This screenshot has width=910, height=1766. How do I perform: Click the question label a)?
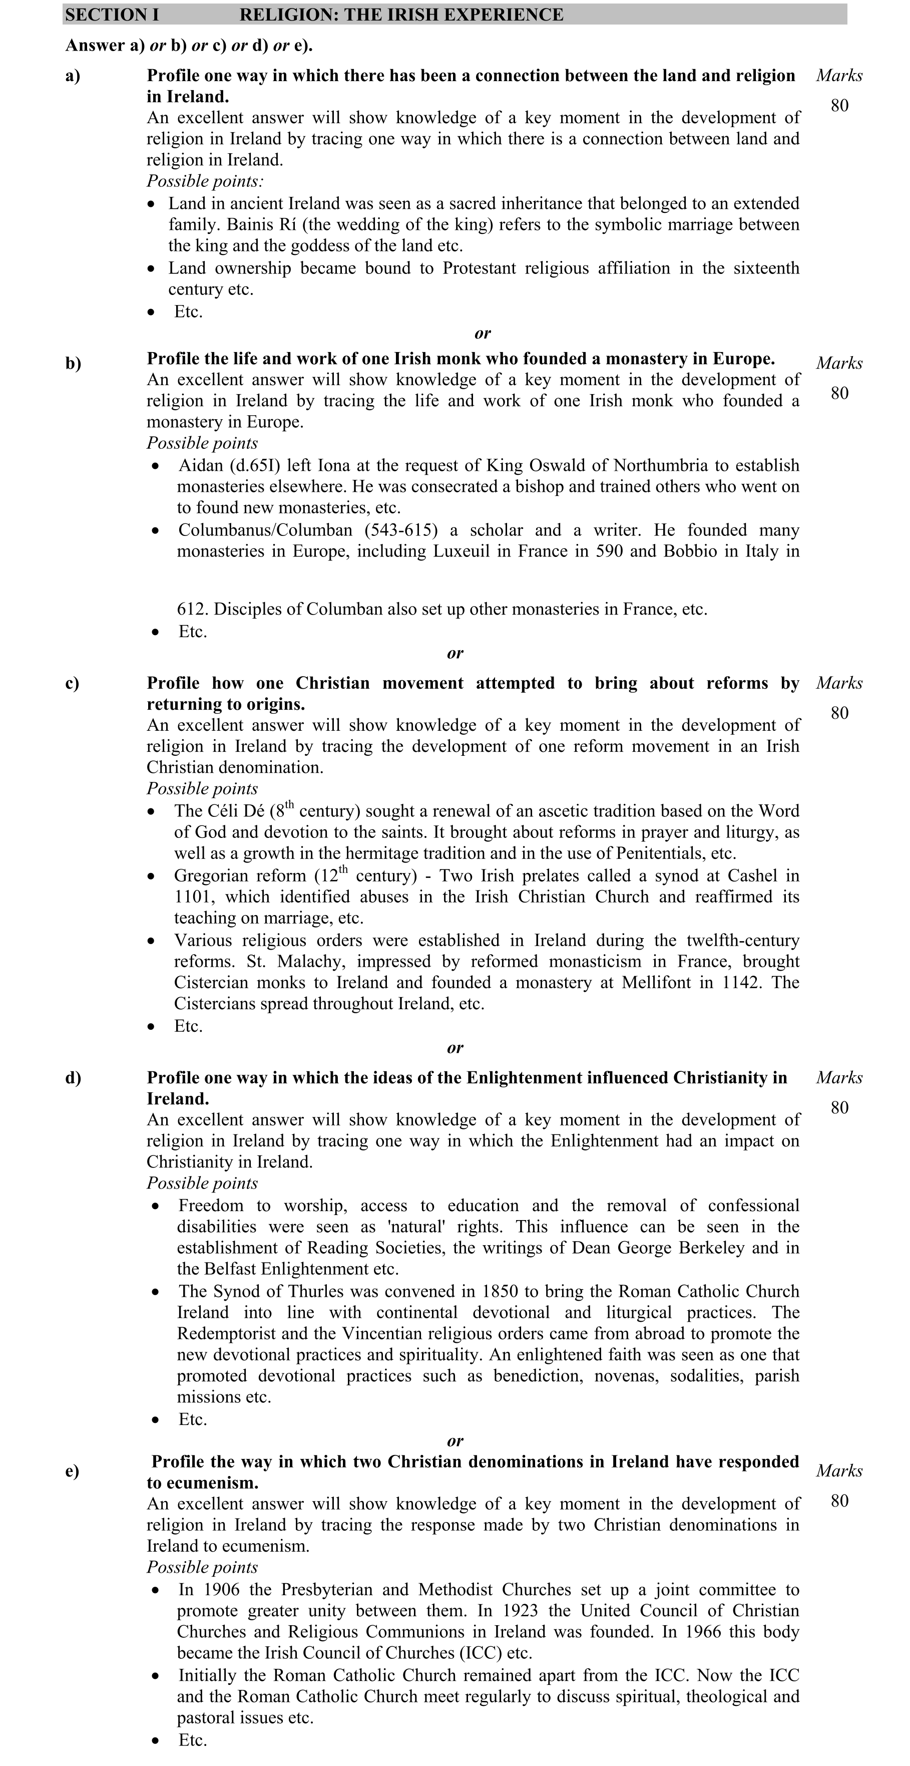(73, 76)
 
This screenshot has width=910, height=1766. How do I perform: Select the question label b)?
(73, 363)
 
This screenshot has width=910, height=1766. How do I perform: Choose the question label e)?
(72, 1471)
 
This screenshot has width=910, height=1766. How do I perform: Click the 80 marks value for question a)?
(839, 106)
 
